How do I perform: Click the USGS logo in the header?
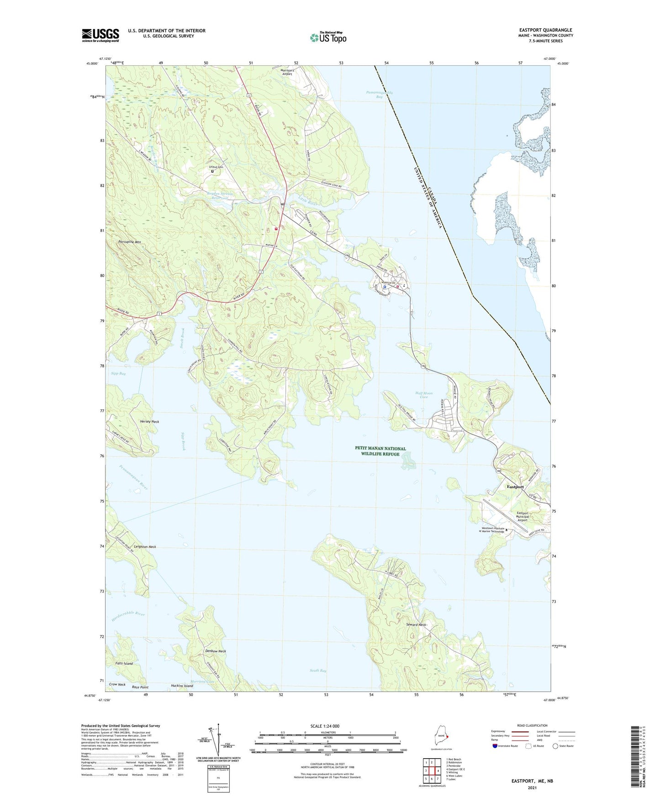(100, 35)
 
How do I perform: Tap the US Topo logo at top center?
(328, 37)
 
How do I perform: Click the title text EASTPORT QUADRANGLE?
(545, 30)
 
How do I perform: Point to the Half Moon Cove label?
(424, 395)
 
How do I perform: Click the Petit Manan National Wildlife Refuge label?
(380, 451)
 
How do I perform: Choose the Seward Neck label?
(416, 624)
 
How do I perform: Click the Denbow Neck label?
(215, 651)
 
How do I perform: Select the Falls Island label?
(124, 663)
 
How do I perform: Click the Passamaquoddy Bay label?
(379, 94)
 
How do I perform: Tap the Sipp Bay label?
(118, 373)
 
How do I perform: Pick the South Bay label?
(318, 671)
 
